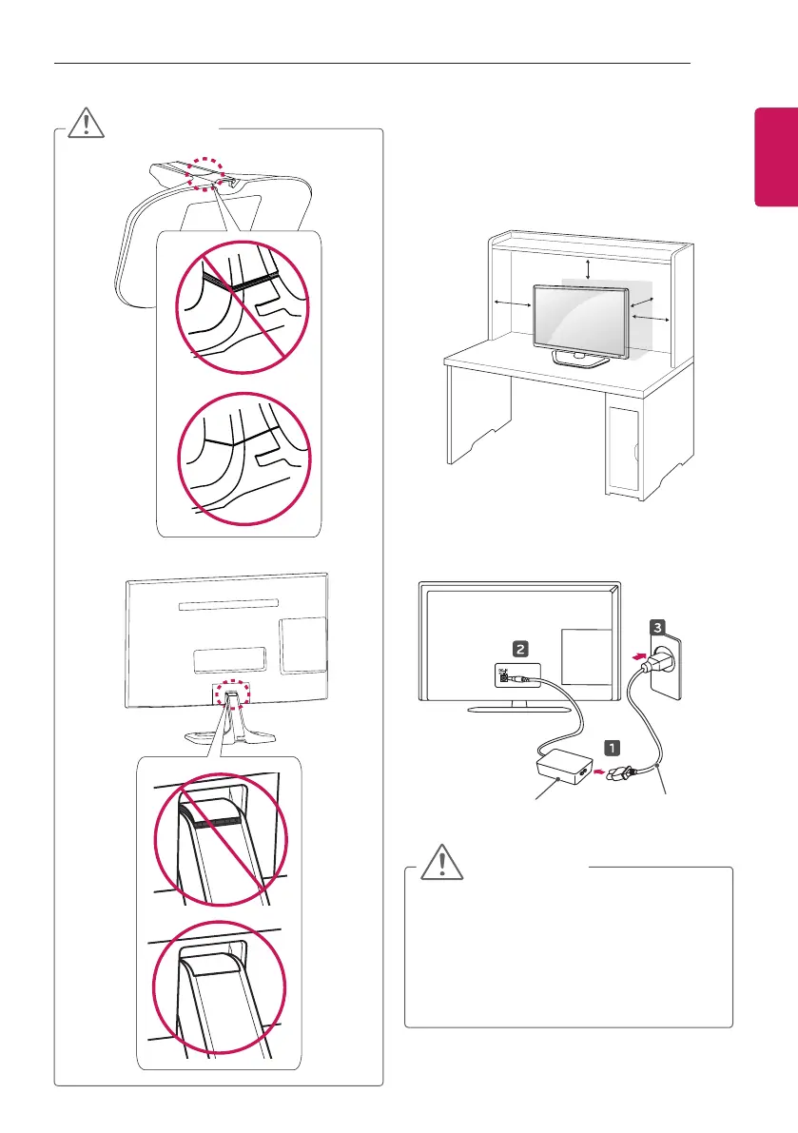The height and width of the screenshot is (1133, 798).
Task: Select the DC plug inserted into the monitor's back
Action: coord(520,678)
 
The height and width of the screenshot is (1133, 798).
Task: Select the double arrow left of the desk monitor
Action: coord(514,303)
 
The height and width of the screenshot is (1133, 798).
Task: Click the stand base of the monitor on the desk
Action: coord(581,360)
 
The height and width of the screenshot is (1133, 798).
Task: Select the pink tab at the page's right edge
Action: coord(776,156)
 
